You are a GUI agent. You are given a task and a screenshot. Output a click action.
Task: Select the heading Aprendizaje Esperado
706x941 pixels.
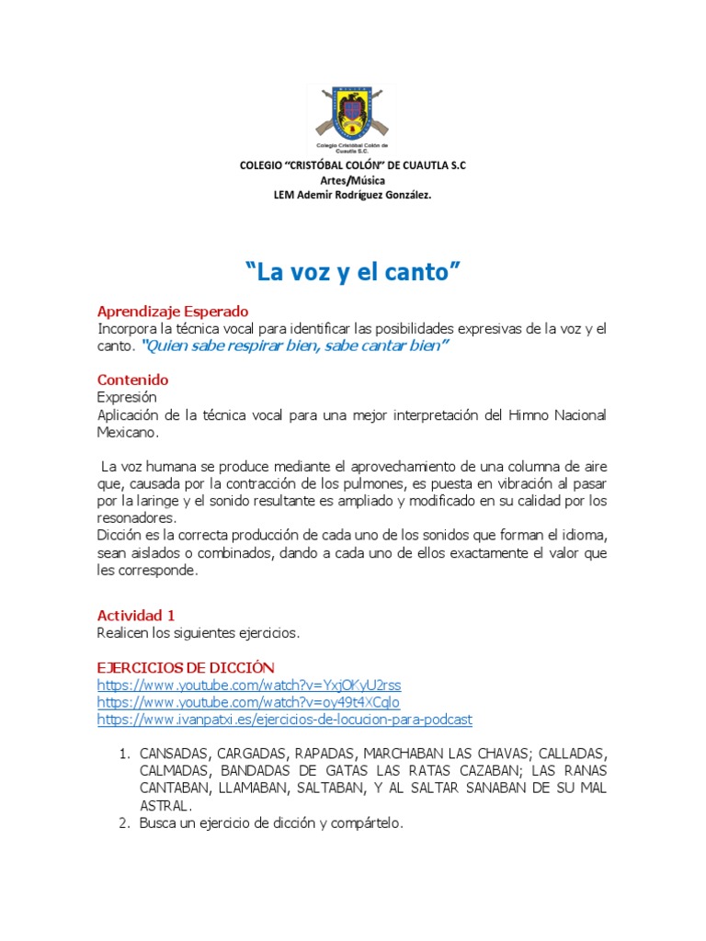tap(173, 312)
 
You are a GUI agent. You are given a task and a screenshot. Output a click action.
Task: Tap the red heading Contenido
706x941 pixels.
tap(132, 380)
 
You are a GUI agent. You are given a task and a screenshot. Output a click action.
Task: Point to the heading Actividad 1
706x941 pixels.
tap(135, 615)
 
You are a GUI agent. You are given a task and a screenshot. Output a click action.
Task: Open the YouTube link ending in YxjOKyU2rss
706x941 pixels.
tap(249, 686)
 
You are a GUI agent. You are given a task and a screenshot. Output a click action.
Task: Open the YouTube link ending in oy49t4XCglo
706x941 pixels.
tap(248, 702)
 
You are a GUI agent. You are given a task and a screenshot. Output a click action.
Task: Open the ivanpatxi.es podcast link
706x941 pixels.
tap(284, 720)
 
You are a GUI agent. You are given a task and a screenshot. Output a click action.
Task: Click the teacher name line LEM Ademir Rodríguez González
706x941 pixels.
tap(352, 195)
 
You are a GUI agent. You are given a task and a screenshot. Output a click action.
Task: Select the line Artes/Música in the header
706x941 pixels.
tap(352, 180)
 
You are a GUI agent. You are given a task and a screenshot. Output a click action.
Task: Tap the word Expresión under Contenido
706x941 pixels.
tap(127, 397)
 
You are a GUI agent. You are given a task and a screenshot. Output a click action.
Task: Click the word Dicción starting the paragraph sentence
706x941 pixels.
tap(120, 536)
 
